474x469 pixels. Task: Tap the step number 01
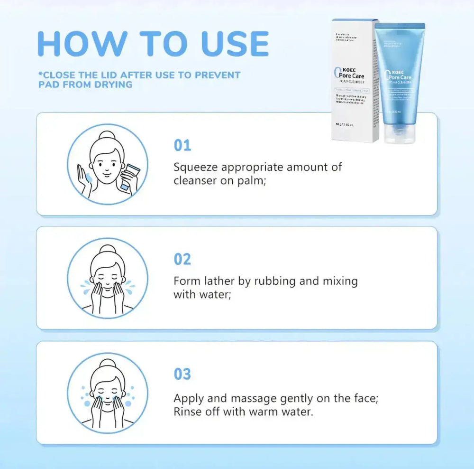tap(182, 145)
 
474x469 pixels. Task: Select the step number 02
tap(182, 260)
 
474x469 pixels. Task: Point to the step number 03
tap(182, 374)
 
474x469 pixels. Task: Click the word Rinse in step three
tap(188, 412)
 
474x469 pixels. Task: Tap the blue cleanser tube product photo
tap(401, 76)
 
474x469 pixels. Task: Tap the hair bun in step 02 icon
tap(107, 248)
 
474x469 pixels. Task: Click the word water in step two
tap(211, 294)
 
